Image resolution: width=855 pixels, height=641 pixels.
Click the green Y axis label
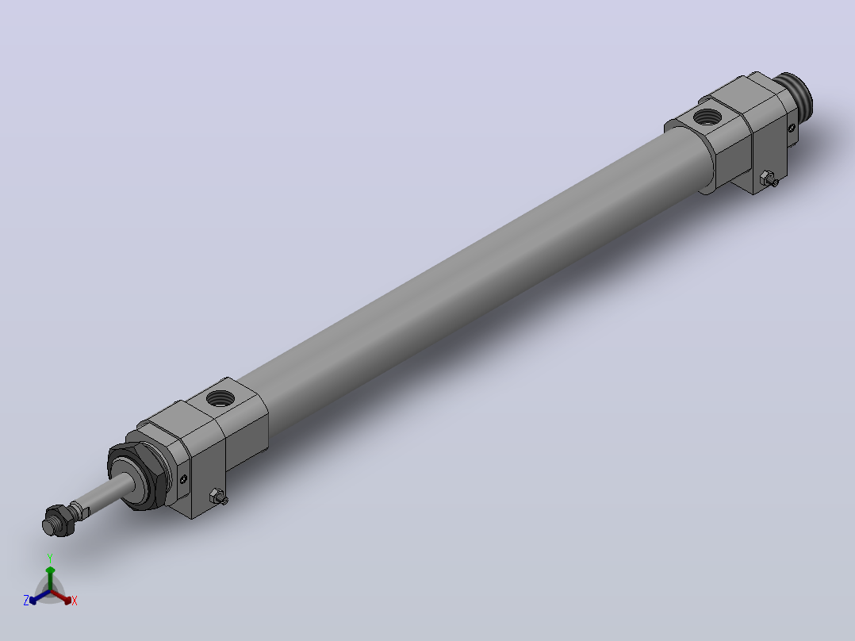pyautogui.click(x=50, y=558)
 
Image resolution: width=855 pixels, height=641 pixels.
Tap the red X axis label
pyautogui.click(x=75, y=601)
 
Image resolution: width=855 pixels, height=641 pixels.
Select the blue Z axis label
pyautogui.click(x=25, y=601)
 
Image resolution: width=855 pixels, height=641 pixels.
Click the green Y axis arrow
pyautogui.click(x=50, y=578)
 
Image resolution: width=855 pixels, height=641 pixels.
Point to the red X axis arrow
pyautogui.click(x=62, y=597)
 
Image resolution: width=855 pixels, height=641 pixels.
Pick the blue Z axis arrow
pyautogui.click(x=40, y=597)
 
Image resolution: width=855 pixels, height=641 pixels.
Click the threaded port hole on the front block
pyautogui.click(x=220, y=397)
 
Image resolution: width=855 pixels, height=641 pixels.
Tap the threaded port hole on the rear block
pyautogui.click(x=707, y=116)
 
